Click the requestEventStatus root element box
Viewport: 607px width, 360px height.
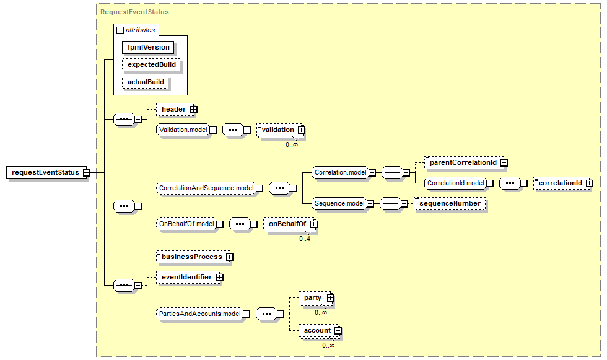point(45,172)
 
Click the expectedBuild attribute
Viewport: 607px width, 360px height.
point(151,64)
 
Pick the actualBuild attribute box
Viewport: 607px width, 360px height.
point(146,82)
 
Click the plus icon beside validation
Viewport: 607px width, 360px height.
point(302,130)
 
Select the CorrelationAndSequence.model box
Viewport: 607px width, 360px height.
point(206,187)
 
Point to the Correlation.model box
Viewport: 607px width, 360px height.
point(340,172)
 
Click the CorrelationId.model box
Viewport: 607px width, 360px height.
point(455,183)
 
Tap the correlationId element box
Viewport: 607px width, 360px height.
point(560,183)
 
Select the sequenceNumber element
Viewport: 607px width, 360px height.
point(450,203)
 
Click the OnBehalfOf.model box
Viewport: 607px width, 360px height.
point(186,224)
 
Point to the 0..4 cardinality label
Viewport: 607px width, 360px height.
point(305,239)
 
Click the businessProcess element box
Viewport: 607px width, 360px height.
point(191,256)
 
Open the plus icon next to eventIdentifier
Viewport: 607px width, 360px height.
point(219,277)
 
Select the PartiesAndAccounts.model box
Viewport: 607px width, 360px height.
point(199,314)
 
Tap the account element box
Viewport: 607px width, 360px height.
point(317,331)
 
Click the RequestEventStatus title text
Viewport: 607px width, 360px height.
point(134,12)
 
